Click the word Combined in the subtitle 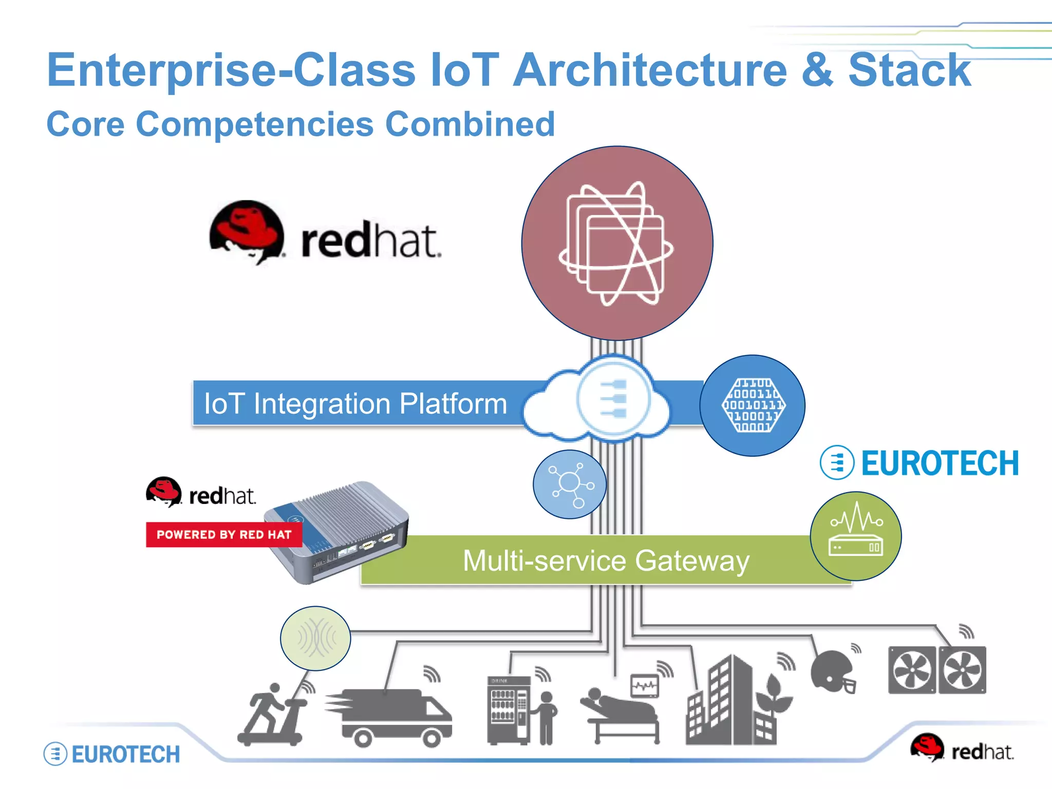[470, 124]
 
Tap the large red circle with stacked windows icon [617, 243]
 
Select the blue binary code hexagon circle [753, 405]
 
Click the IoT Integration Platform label [355, 403]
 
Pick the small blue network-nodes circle [570, 484]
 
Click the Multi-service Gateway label [606, 560]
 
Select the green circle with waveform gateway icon [855, 536]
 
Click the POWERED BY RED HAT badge [224, 535]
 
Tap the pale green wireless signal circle [315, 638]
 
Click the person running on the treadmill [272, 714]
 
